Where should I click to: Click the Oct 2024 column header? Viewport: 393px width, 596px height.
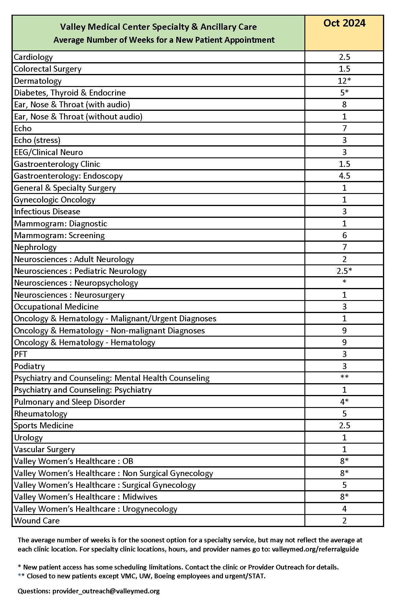pos(344,23)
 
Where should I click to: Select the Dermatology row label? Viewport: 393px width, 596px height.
pos(38,81)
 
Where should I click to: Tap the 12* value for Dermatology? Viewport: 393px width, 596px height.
pos(344,81)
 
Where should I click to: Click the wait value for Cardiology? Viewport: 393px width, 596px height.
pos(344,57)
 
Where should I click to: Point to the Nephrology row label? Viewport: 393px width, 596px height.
pos(35,247)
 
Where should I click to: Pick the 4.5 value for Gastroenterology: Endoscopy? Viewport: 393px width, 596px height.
pos(344,176)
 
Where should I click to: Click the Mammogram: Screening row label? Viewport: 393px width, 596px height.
pos(59,236)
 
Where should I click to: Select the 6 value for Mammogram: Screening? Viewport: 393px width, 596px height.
pos(344,236)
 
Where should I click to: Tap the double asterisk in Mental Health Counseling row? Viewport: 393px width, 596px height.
pos(344,377)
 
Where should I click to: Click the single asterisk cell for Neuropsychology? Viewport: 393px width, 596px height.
pos(344,282)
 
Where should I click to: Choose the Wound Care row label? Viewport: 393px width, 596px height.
pos(37,521)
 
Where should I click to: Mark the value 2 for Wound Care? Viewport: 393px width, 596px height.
pos(344,521)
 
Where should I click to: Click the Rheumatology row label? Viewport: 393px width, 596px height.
pos(41,414)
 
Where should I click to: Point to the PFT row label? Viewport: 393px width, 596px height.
pos(21,354)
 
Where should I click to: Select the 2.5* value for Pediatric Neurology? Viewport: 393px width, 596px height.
pos(344,271)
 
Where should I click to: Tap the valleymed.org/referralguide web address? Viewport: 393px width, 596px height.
pos(315,549)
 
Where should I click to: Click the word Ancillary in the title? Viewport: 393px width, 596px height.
pos(218,27)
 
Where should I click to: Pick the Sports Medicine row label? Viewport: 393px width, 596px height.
pos(44,426)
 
